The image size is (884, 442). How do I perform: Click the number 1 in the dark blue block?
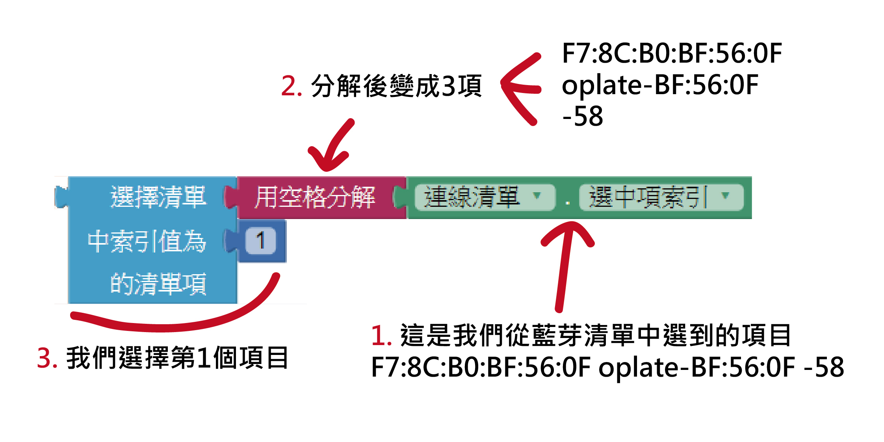(x=260, y=240)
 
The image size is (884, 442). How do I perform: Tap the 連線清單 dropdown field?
(x=485, y=197)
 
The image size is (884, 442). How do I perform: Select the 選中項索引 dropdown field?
(x=661, y=197)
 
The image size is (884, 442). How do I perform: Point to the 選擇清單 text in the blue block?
(x=158, y=197)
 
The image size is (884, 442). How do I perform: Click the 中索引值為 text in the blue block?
(x=147, y=241)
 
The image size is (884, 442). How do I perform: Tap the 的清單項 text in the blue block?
(x=158, y=284)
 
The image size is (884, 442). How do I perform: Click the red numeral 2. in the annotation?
(x=292, y=86)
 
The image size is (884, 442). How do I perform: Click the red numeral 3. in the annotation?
(x=47, y=358)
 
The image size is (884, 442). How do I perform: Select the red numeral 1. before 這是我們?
(x=381, y=336)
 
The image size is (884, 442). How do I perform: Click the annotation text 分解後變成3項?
(x=396, y=86)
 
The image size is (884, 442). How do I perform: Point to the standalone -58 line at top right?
(x=583, y=116)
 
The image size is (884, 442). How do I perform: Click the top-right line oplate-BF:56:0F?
(x=660, y=85)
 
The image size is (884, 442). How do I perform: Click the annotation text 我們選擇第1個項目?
(x=177, y=358)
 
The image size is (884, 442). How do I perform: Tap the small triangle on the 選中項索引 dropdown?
(x=726, y=195)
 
